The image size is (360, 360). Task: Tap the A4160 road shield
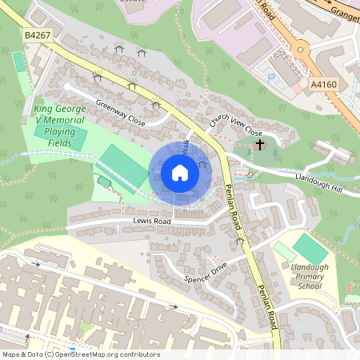[x=323, y=83]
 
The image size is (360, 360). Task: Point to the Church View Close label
[x=236, y=126]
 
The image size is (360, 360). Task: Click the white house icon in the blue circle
[x=180, y=173]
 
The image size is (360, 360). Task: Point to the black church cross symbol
[x=259, y=145]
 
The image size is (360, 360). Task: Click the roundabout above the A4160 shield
[x=304, y=50]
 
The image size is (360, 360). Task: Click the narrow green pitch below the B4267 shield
[x=18, y=62]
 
